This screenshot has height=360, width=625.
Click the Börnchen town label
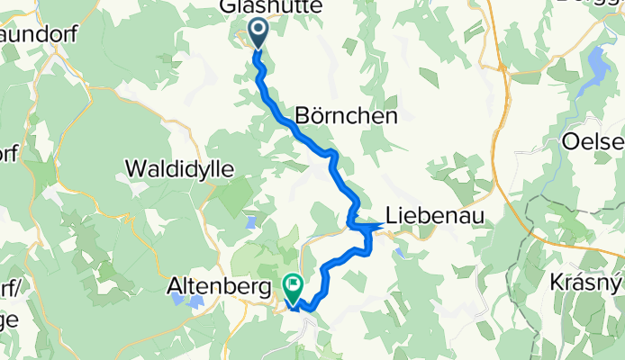point(347,117)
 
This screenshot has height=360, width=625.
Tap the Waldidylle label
point(179,168)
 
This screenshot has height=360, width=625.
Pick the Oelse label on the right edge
point(595,142)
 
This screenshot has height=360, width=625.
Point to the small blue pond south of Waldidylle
point(250,220)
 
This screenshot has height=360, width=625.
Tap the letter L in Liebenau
point(392,214)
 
